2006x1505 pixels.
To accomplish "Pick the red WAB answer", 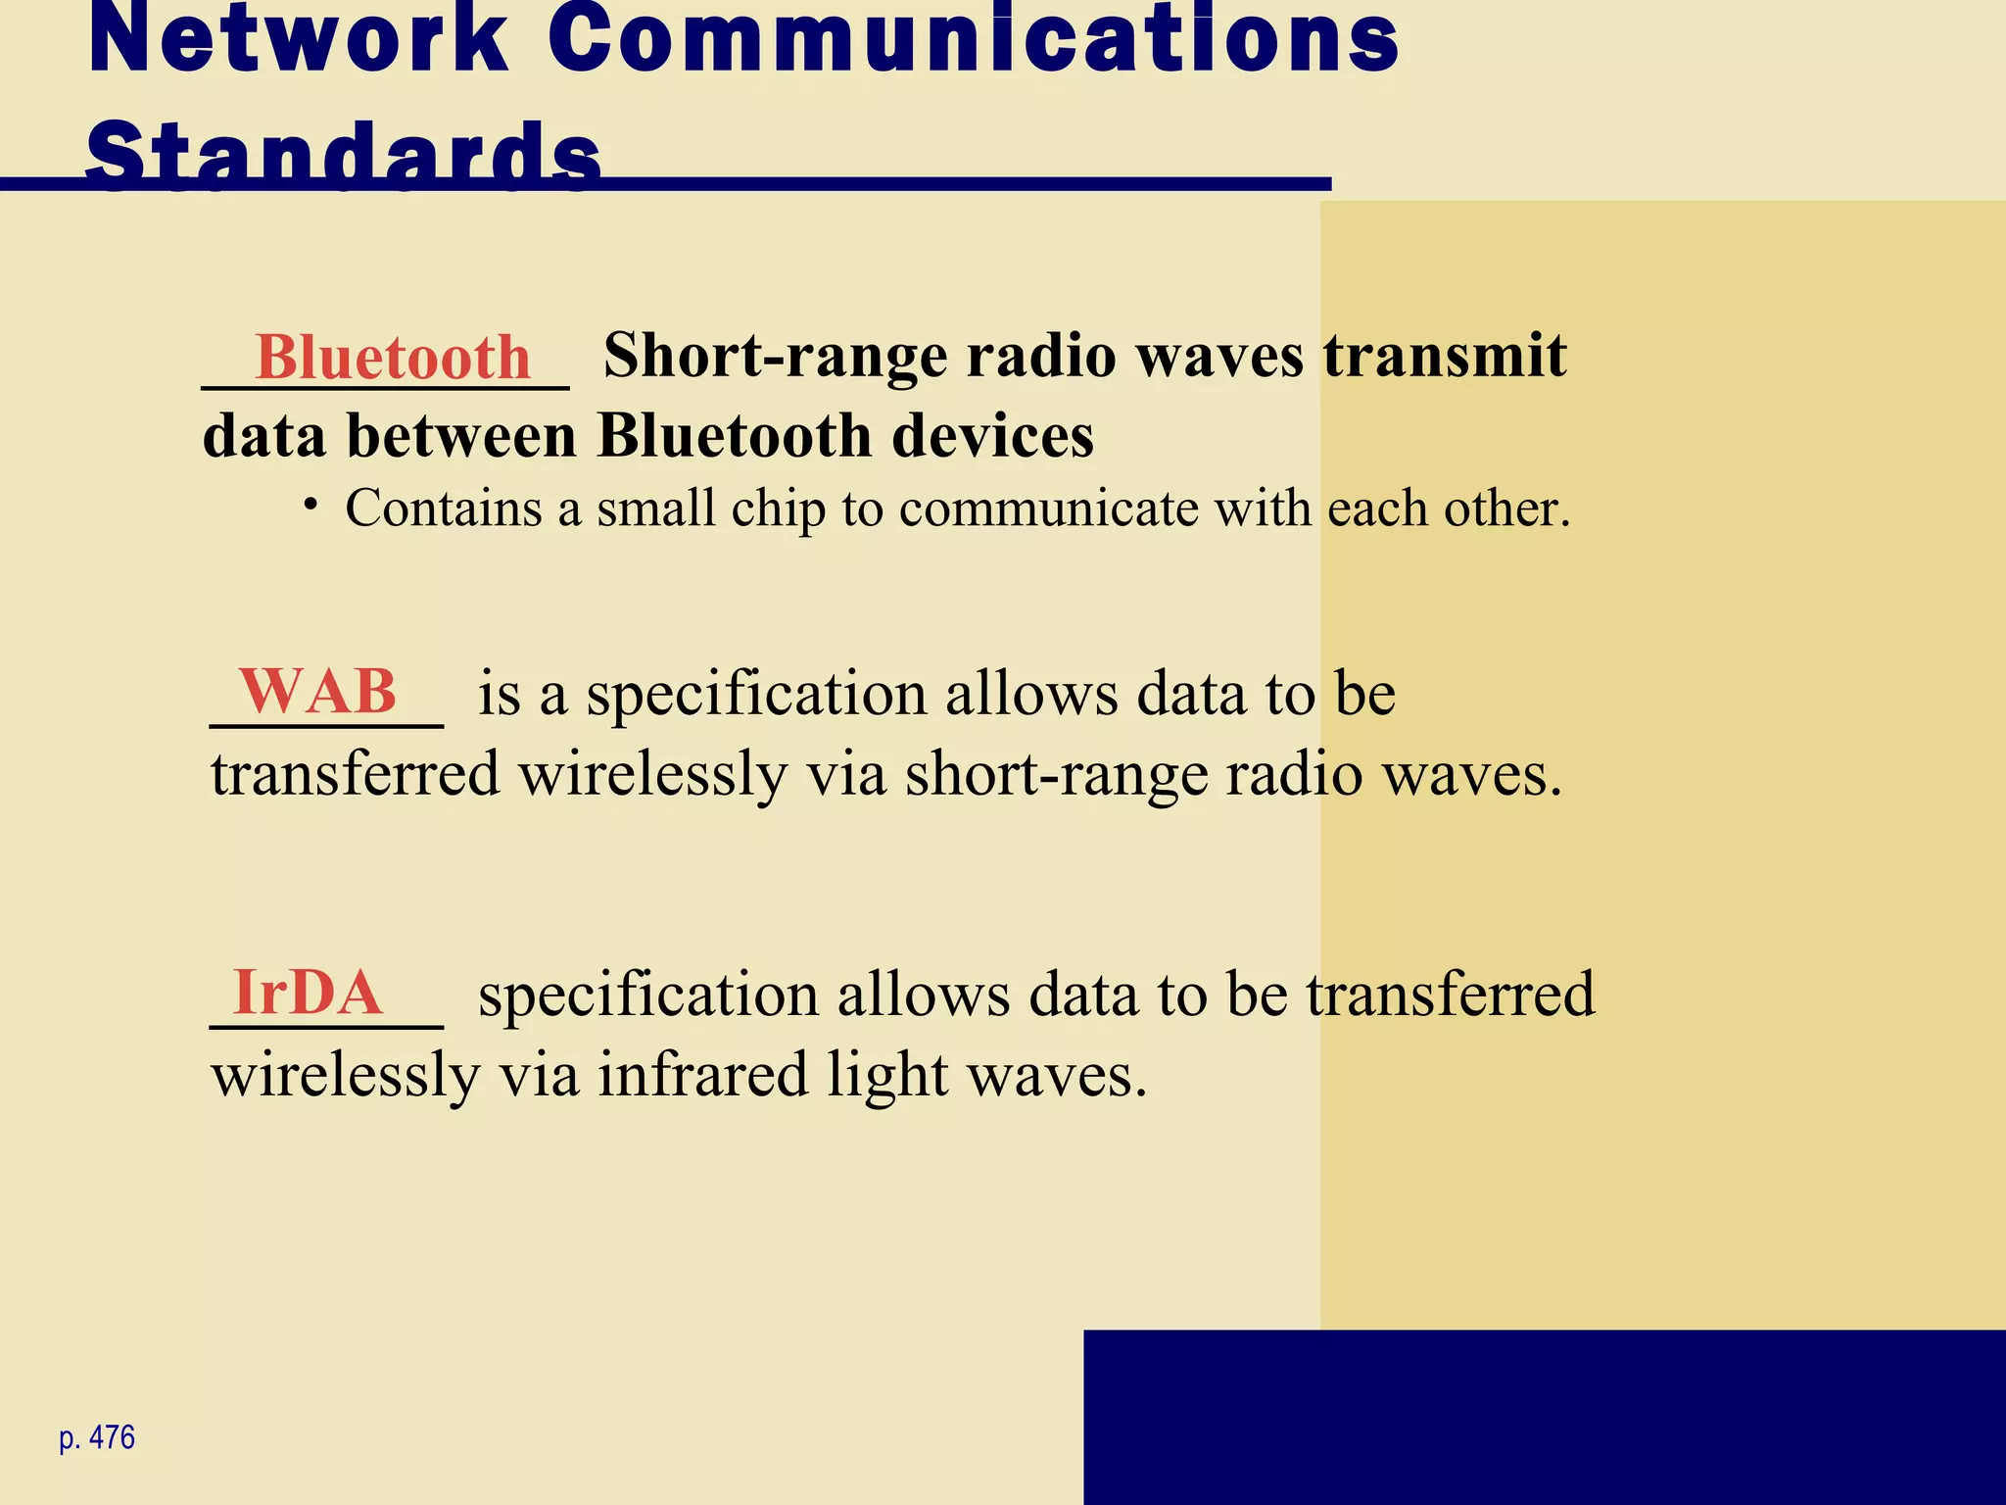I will [318, 692].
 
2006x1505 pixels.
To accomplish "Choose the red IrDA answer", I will [308, 993].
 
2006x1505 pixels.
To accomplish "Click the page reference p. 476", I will [97, 1437].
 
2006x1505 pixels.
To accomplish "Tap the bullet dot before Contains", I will [310, 505].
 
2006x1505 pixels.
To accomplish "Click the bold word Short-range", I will [775, 355].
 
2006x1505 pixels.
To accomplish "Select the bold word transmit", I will [1445, 355].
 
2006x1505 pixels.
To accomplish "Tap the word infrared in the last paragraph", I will [703, 1074].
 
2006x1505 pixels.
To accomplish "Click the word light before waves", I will [887, 1074].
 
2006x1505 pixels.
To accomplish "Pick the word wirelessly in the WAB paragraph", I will [652, 774].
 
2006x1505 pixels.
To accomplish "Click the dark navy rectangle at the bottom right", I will [1544, 1417].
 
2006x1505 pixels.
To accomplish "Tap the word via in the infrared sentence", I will [539, 1074].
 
